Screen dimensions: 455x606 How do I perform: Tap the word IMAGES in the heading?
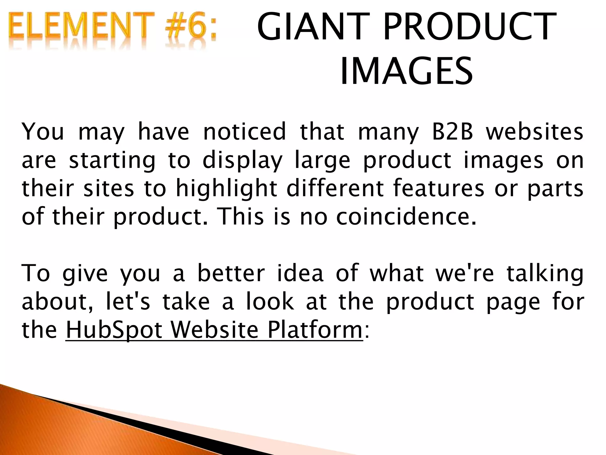pos(406,72)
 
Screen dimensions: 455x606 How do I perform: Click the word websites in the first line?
pos(535,132)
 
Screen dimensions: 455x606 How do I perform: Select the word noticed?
pos(245,132)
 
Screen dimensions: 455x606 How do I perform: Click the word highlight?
pos(226,189)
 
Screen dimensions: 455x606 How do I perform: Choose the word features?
pos(439,189)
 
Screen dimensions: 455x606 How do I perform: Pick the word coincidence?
pos(406,217)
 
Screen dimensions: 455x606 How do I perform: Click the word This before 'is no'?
pos(240,217)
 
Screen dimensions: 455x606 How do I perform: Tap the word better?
pos(231,273)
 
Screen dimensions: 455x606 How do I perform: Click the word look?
pos(270,302)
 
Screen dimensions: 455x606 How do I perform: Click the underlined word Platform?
pos(315,330)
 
